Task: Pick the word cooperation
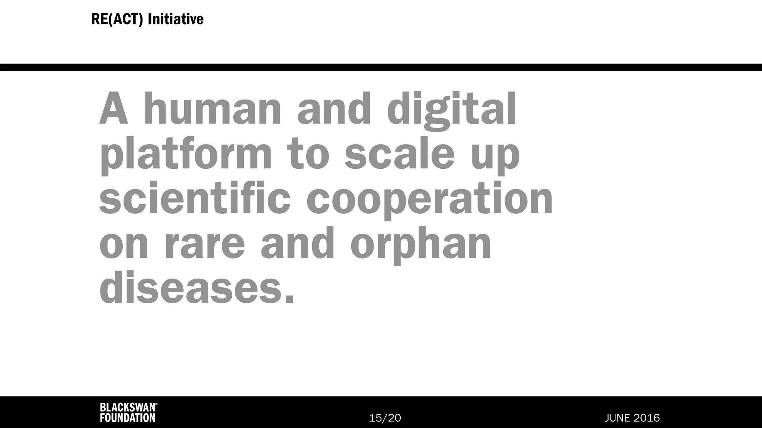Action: pos(429,201)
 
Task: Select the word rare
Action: pos(204,245)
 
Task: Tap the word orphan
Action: pos(421,245)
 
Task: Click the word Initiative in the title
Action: pos(176,19)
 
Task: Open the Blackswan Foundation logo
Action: pos(128,412)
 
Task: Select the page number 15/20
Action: pos(385,418)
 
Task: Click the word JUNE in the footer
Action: pos(617,418)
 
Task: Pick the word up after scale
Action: pos(495,156)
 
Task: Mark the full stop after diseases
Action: pos(289,298)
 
